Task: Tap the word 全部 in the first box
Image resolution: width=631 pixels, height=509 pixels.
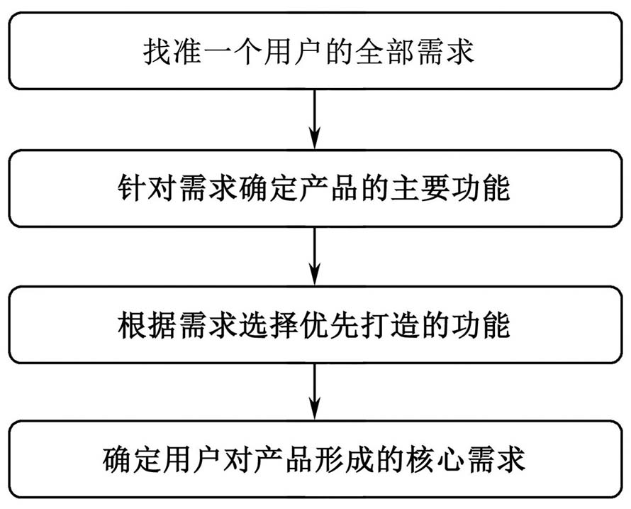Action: tap(384, 52)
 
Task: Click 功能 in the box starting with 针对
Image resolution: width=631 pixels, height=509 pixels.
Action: tap(481, 188)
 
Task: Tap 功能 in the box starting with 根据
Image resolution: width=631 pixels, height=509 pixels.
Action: tap(481, 325)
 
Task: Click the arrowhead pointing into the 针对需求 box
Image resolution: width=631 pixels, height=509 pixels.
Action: tap(315, 138)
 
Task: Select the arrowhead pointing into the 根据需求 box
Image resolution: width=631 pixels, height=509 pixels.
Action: tap(315, 275)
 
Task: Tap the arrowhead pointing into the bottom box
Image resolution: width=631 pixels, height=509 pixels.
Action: tap(315, 410)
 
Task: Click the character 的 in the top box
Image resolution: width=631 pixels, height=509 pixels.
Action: tap(339, 52)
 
